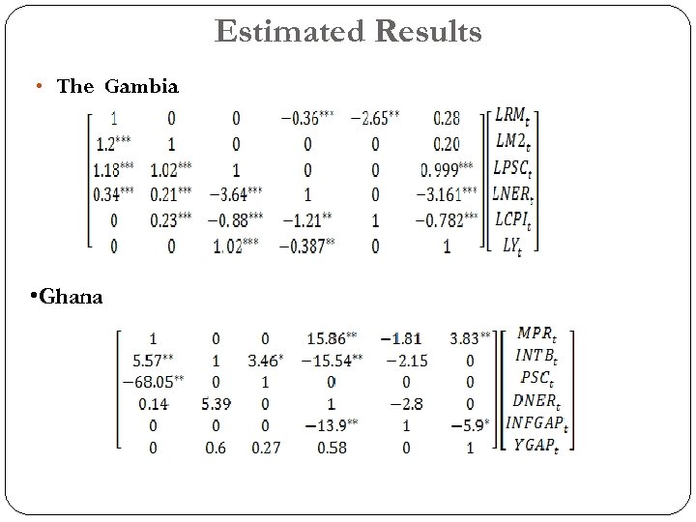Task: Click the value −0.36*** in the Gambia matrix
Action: click(x=307, y=119)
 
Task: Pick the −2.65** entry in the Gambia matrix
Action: click(x=373, y=119)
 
